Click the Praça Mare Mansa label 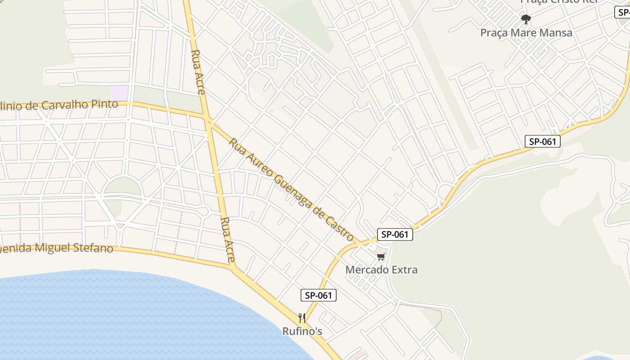(x=526, y=32)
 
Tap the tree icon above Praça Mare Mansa (x=526, y=19)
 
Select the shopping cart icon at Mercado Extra (x=381, y=257)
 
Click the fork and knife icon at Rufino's (x=302, y=318)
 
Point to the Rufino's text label (x=302, y=331)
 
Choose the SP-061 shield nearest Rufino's (x=318, y=295)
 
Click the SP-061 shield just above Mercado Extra (x=395, y=234)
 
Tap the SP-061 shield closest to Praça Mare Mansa (x=543, y=141)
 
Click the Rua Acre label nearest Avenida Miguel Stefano (x=228, y=240)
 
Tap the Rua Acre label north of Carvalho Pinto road (x=198, y=72)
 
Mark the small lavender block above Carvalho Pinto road (x=119, y=93)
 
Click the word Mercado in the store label (x=364, y=270)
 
